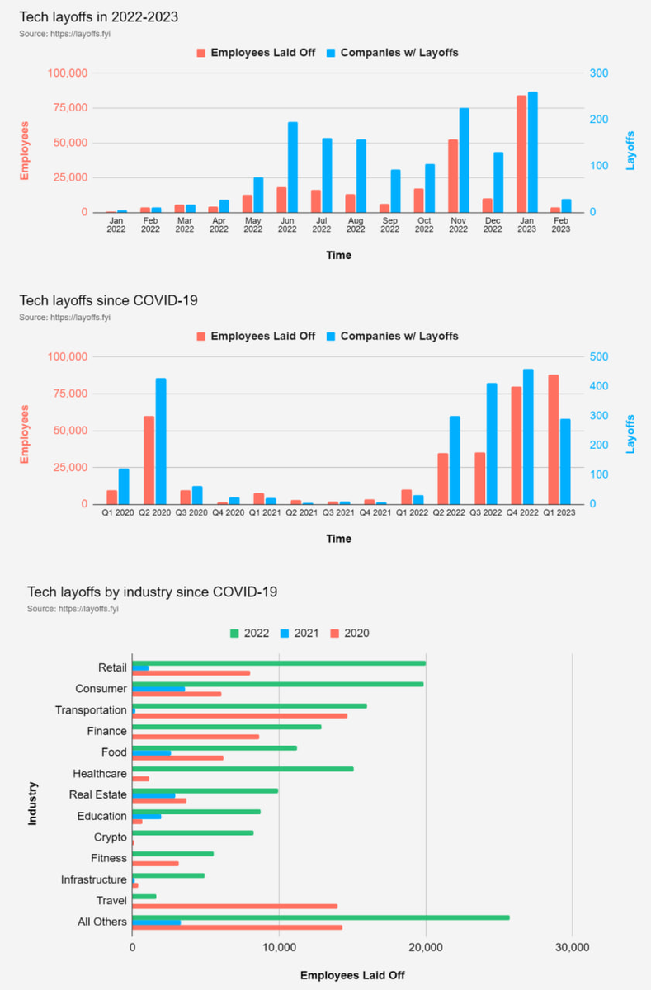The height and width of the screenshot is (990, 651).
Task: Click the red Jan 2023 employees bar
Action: click(521, 153)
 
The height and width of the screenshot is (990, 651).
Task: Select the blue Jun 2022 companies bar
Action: click(293, 167)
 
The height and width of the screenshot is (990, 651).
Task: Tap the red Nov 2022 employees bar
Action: click(453, 176)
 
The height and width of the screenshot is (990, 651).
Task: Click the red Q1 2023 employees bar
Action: click(553, 439)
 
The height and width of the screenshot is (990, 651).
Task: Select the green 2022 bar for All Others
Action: click(320, 917)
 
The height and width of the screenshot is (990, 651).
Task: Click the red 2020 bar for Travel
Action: click(234, 906)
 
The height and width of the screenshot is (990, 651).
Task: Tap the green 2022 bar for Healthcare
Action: click(243, 769)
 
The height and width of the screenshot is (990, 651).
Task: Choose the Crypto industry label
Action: click(111, 837)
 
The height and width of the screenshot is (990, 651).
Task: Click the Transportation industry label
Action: click(91, 710)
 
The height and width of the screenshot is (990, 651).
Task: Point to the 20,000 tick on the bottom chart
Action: click(426, 947)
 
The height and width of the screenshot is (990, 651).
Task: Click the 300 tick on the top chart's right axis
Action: click(599, 73)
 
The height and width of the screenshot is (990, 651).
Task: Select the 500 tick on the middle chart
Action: click(599, 356)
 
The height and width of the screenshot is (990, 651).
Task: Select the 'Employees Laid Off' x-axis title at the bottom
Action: click(352, 975)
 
